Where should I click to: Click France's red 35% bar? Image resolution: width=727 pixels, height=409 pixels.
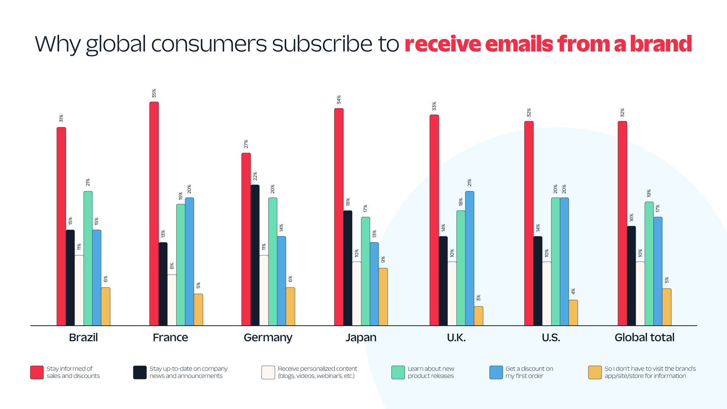click(x=154, y=214)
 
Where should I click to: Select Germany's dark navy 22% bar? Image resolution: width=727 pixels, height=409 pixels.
click(x=255, y=255)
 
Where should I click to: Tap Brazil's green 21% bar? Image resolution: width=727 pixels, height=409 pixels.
click(x=88, y=258)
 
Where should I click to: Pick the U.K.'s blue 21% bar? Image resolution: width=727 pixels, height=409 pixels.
click(x=470, y=258)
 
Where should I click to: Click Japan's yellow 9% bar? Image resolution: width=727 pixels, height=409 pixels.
click(x=383, y=297)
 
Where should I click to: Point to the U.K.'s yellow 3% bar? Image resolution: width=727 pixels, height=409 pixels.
click(x=479, y=316)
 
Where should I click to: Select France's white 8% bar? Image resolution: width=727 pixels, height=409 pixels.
click(x=172, y=300)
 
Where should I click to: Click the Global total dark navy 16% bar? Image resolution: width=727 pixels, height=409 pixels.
click(x=631, y=276)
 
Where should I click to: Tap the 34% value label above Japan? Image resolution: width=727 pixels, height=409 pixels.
click(x=339, y=100)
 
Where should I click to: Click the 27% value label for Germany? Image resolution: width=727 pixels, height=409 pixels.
click(x=246, y=144)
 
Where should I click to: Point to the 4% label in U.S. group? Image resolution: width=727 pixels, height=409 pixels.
click(x=573, y=291)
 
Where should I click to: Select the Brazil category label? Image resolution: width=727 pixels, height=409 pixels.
click(x=83, y=337)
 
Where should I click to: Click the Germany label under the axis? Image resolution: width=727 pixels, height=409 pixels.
click(x=268, y=337)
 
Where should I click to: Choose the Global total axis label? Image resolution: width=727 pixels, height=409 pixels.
click(x=644, y=337)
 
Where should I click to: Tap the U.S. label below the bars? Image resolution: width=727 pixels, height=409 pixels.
click(x=551, y=337)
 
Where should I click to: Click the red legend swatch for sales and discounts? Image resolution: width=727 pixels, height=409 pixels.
click(x=37, y=372)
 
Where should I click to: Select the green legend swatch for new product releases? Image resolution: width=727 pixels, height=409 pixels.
click(x=398, y=372)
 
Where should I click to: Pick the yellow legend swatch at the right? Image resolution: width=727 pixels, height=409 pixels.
click(x=595, y=372)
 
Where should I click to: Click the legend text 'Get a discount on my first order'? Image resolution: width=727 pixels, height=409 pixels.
click(x=529, y=372)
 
